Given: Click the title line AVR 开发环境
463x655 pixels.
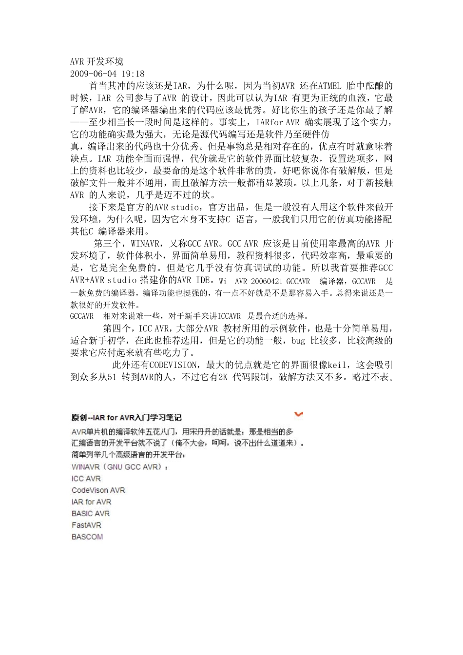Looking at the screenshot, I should [96, 61].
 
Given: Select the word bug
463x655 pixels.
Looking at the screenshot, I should [298, 340].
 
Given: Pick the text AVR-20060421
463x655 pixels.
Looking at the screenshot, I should [258, 281].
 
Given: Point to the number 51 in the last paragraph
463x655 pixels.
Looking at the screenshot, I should [111, 377].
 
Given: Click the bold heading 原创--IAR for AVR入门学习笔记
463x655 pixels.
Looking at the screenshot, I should [126, 418].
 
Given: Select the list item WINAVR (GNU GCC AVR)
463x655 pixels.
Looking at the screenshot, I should [119, 467].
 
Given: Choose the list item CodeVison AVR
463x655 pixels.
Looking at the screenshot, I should [98, 490].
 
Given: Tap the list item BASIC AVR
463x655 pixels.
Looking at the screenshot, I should [91, 514].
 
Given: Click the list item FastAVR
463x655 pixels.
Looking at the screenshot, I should [86, 525].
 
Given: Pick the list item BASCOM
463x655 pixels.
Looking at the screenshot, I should [87, 537].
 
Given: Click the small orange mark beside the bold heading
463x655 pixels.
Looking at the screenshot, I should [299, 414].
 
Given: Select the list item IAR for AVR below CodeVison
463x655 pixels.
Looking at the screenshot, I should [91, 502].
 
